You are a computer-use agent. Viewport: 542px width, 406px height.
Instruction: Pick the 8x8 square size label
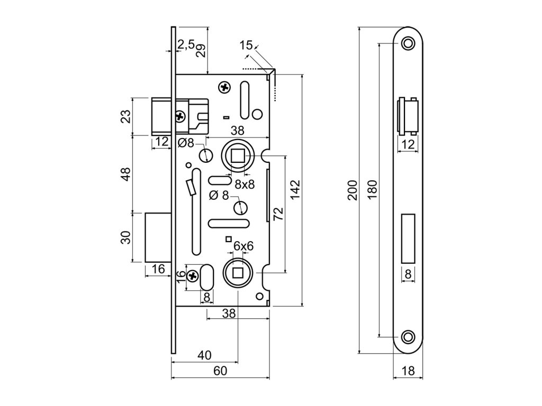pyautogui.click(x=245, y=184)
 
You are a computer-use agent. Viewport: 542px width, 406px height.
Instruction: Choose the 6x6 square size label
pyautogui.click(x=243, y=246)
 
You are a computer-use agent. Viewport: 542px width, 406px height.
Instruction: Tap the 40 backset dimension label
pyautogui.click(x=205, y=355)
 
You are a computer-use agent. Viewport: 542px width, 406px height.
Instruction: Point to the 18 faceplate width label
pyautogui.click(x=408, y=371)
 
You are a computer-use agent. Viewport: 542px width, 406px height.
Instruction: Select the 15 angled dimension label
pyautogui.click(x=245, y=45)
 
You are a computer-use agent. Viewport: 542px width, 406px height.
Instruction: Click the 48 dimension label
pyautogui.click(x=126, y=174)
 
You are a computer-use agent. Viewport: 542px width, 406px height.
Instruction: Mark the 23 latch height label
pyautogui.click(x=126, y=116)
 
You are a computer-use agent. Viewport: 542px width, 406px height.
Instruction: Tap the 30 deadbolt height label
pyautogui.click(x=126, y=238)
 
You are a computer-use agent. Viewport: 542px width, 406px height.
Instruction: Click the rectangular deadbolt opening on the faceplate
pyautogui.click(x=408, y=238)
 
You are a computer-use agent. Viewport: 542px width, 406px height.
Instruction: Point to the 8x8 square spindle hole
pyautogui.click(x=238, y=155)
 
